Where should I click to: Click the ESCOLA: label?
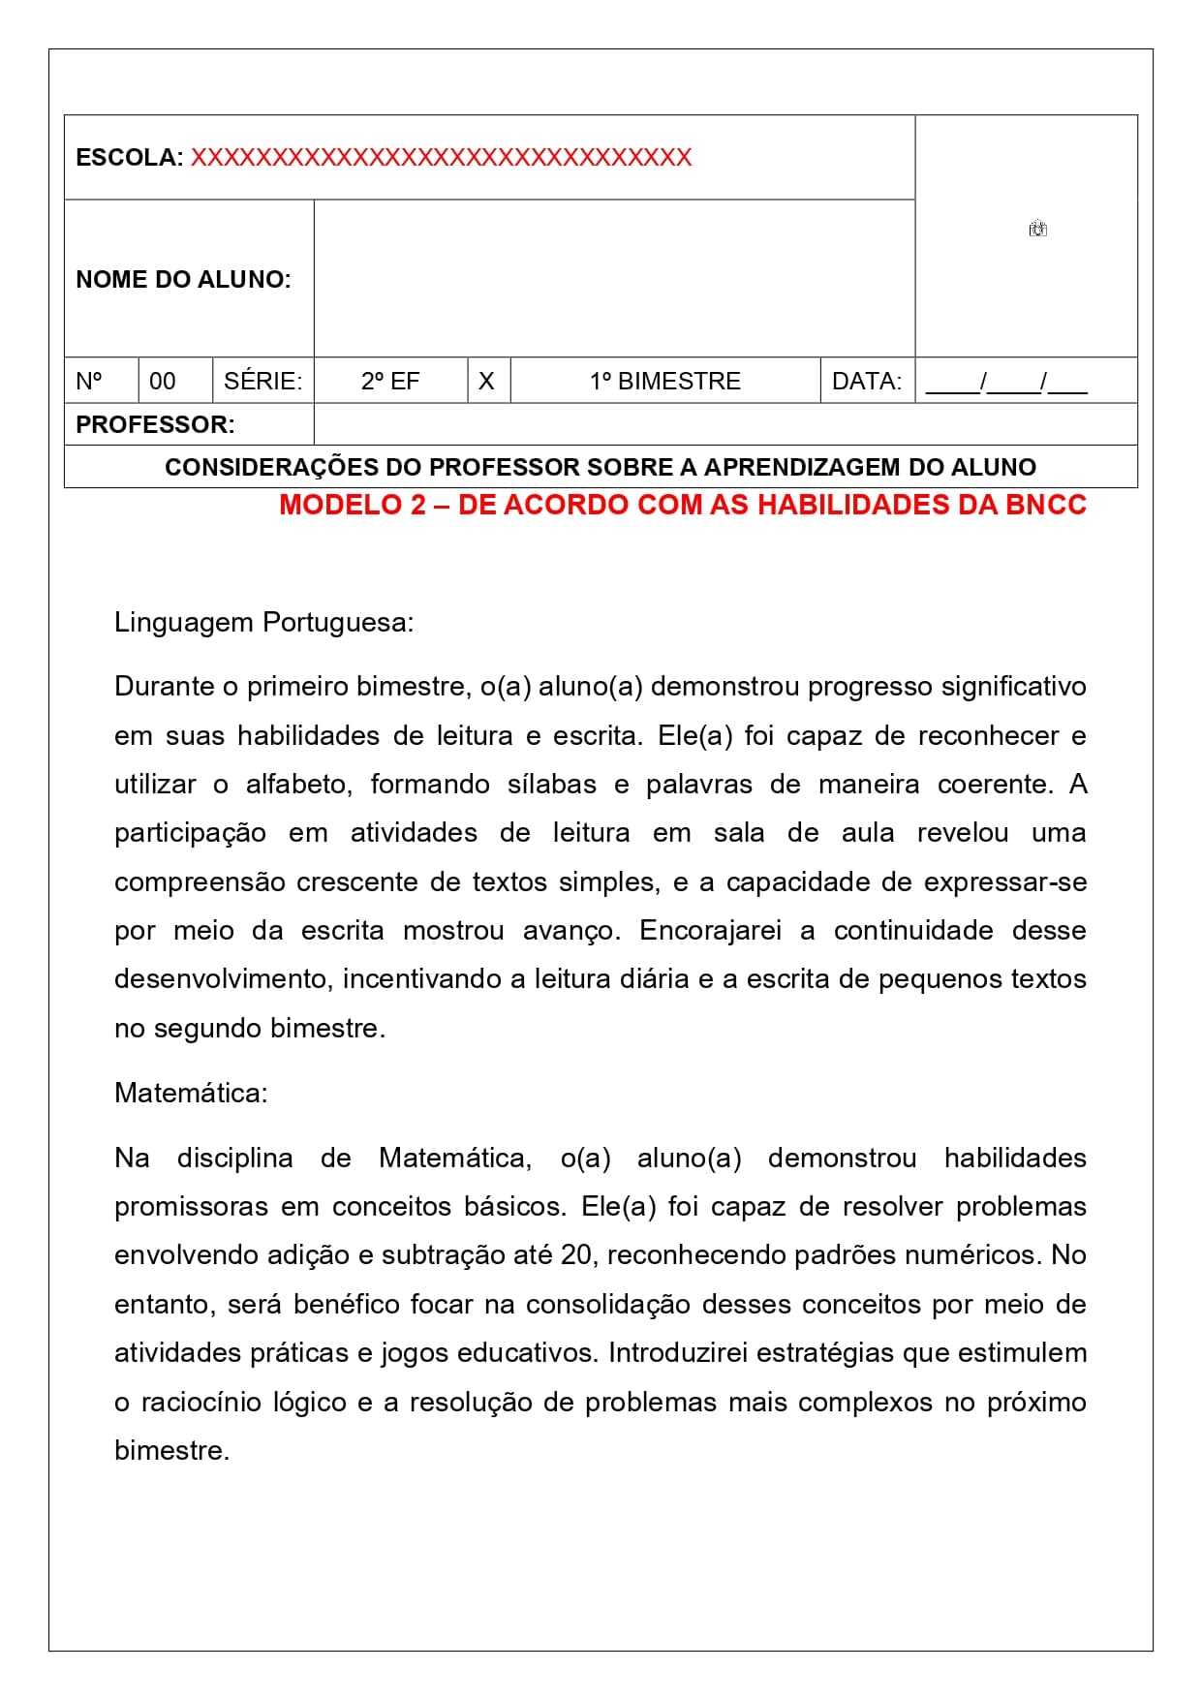(129, 158)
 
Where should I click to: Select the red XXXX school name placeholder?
(441, 158)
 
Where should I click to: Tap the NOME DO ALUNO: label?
(183, 280)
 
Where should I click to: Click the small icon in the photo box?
(1037, 230)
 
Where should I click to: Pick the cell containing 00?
(163, 382)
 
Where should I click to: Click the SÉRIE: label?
(262, 382)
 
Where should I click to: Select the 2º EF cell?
(390, 382)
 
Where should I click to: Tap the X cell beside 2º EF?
(486, 382)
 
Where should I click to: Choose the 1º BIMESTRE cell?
(664, 382)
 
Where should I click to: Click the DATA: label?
(866, 382)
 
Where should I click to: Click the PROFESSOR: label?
(155, 425)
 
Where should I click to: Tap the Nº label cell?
(89, 382)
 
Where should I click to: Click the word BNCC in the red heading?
(1046, 505)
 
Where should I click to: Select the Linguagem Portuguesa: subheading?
(263, 622)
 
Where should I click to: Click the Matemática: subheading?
(191, 1093)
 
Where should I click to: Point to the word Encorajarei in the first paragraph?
(710, 931)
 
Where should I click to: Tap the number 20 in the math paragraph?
(576, 1255)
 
